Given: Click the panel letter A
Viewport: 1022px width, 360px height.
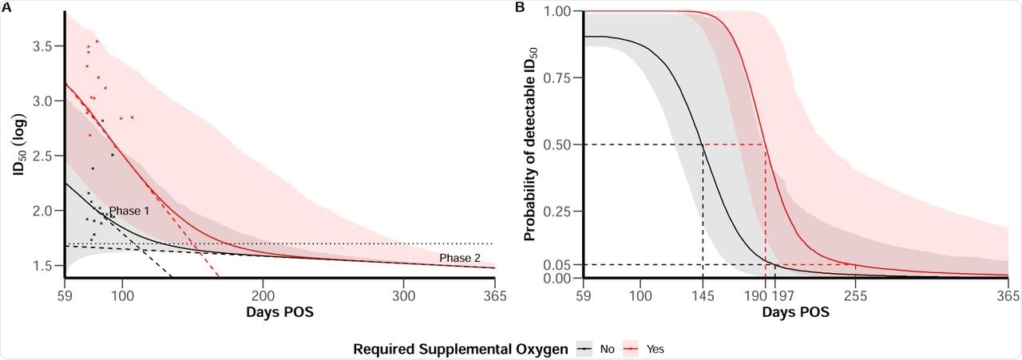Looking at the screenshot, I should point(6,8).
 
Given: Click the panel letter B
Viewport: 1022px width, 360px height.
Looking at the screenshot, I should point(520,8).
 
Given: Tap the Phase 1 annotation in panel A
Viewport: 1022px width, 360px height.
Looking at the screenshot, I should point(129,211).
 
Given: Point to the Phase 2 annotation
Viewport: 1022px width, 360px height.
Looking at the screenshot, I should point(459,257).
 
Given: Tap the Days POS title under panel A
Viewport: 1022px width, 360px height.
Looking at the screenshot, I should point(279,311).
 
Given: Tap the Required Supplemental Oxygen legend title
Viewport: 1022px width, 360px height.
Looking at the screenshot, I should point(461,348).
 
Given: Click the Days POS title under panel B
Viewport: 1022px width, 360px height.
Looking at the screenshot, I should point(794,311).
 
